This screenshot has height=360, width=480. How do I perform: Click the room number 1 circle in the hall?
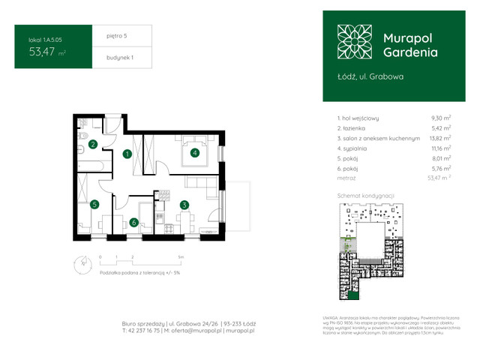click(x=127, y=154)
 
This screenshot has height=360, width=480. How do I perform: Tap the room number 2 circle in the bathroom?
click(x=93, y=144)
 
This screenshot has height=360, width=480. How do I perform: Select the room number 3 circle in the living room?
click(x=183, y=204)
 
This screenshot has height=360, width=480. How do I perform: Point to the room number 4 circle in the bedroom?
click(x=194, y=154)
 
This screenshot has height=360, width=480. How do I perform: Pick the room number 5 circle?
click(x=94, y=204)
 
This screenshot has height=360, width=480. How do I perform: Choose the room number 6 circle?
click(x=133, y=221)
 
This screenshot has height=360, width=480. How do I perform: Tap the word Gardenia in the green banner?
click(x=410, y=52)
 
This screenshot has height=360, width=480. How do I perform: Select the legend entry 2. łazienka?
click(x=355, y=128)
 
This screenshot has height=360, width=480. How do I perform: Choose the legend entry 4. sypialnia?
click(x=355, y=148)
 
